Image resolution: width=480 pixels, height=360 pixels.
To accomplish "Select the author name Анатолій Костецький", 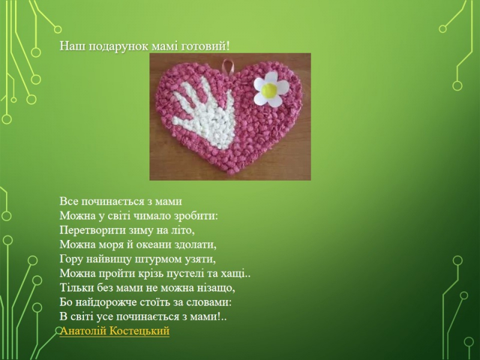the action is click(x=115, y=331).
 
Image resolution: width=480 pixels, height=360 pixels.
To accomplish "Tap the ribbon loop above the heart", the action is click(x=227, y=65).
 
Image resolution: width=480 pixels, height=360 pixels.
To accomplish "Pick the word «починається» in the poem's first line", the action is click(x=114, y=202).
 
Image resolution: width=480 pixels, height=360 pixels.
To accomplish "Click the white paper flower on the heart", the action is click(x=272, y=89).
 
